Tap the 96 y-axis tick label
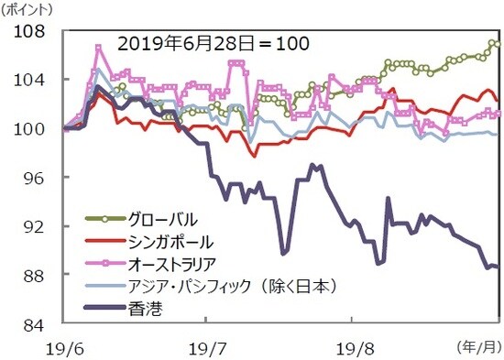pos(35,177)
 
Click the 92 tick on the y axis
pos(35,226)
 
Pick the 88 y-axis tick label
pos(35,275)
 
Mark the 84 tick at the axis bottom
pos(35,323)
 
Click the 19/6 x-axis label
pos(62,347)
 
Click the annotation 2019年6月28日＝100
pos(212,43)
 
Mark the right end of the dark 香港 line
pos(497,267)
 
